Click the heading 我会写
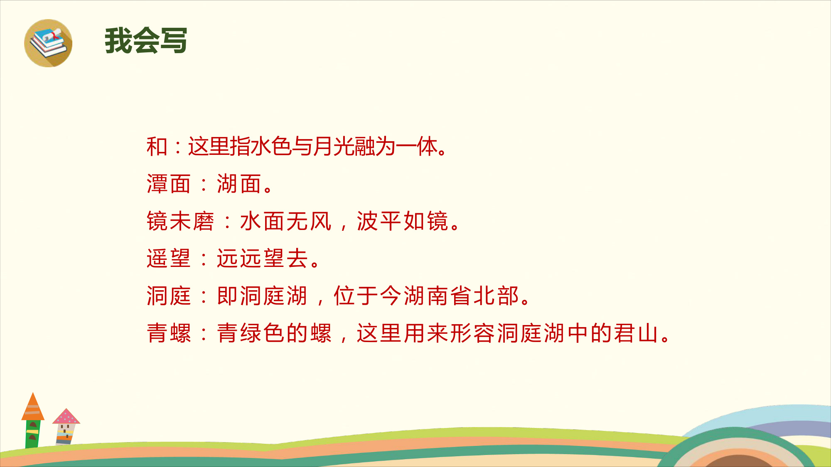(146, 40)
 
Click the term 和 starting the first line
(157, 147)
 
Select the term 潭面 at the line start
(168, 184)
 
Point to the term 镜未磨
(180, 221)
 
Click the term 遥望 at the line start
(168, 259)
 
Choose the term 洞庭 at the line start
(168, 296)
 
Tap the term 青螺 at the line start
(168, 333)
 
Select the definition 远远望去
(263, 259)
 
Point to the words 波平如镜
(403, 221)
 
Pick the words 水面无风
(286, 221)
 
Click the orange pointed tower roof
(33, 406)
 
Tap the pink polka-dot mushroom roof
(66, 416)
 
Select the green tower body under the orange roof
(33, 434)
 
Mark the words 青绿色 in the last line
(251, 333)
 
